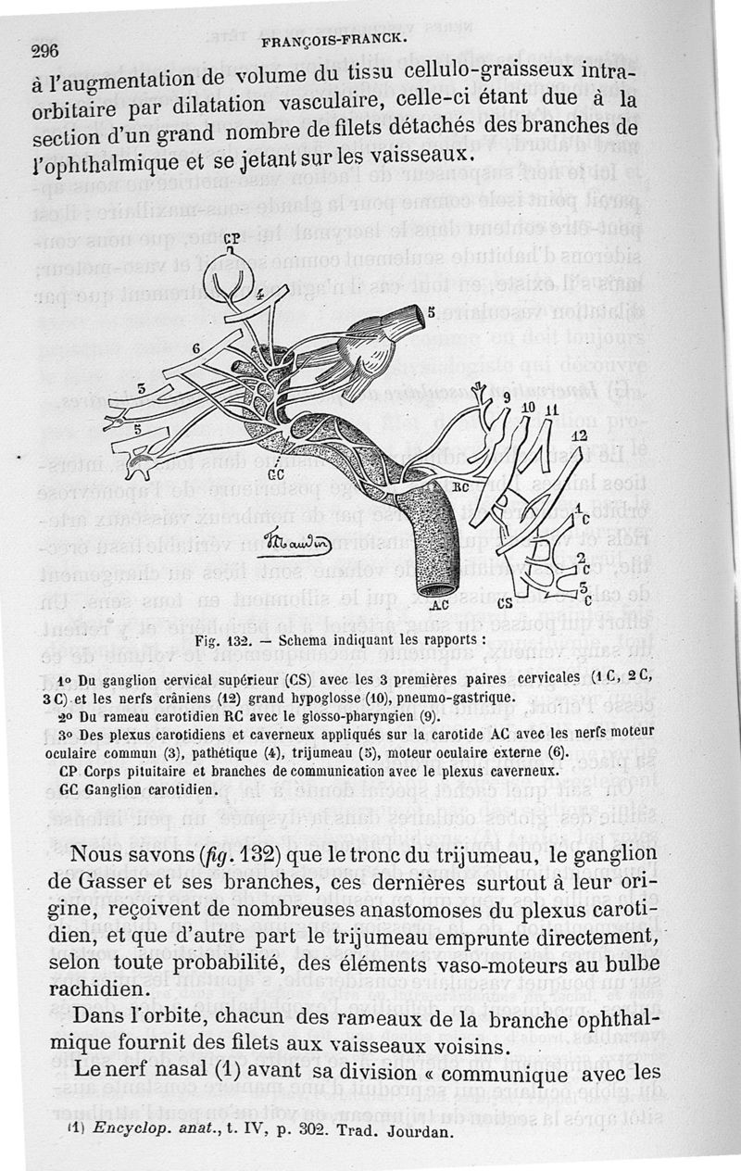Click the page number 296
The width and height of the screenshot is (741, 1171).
(x=45, y=52)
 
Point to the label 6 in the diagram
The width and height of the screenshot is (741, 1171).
(x=196, y=346)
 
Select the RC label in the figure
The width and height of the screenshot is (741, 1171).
(x=461, y=485)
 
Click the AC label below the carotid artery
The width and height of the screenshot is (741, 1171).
(x=440, y=606)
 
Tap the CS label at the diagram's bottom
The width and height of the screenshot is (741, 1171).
(x=506, y=603)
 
